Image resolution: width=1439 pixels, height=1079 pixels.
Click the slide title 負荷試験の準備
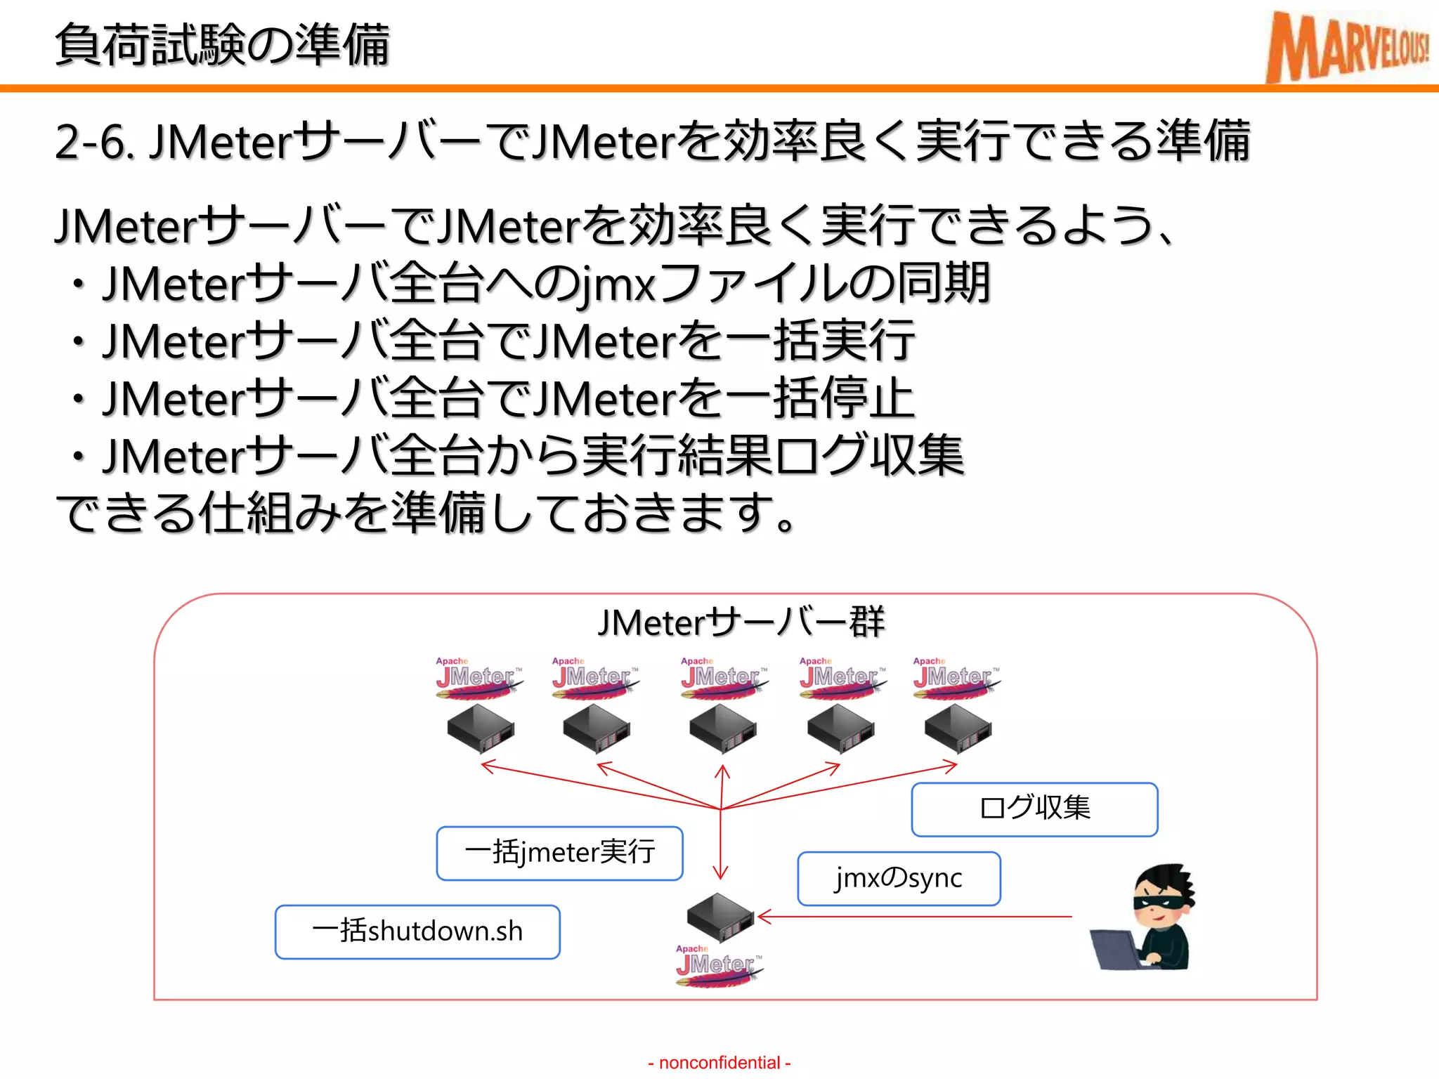tap(222, 45)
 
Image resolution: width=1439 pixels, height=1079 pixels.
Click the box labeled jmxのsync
tap(899, 879)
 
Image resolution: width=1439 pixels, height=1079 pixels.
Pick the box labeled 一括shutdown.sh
tap(417, 932)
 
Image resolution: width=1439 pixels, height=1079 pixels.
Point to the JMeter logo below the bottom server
tap(718, 967)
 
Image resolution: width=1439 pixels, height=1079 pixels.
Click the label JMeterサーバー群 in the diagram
tap(741, 622)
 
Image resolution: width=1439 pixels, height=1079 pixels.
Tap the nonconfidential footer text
tap(719, 1063)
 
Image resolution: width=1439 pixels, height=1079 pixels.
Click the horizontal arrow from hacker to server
tap(913, 917)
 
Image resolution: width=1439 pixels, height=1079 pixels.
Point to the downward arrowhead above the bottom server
tap(720, 873)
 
